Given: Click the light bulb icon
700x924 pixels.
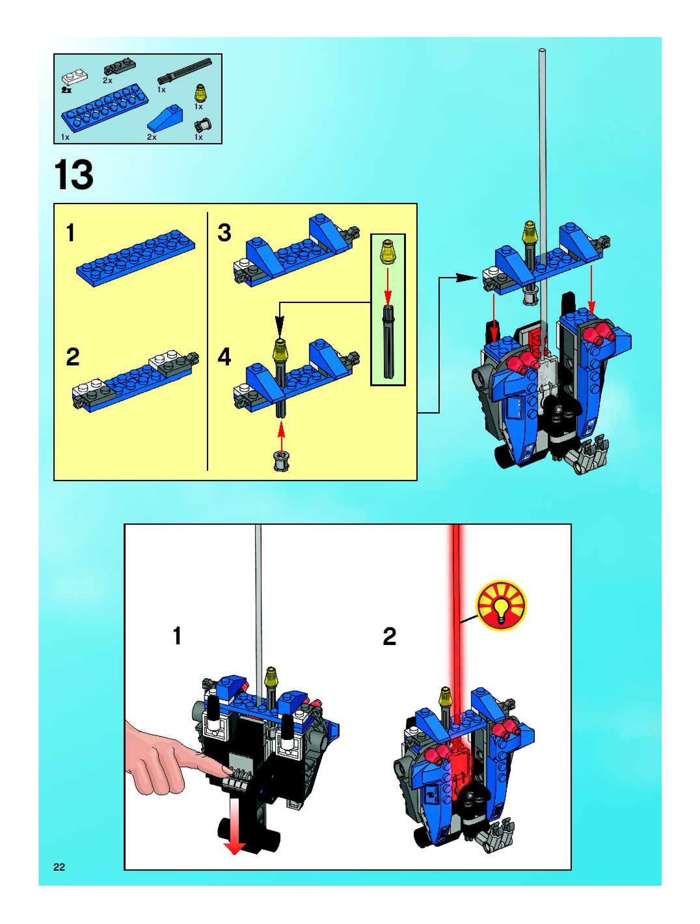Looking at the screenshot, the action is click(502, 604).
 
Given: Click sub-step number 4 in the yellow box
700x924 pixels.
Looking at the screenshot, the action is click(224, 357).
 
